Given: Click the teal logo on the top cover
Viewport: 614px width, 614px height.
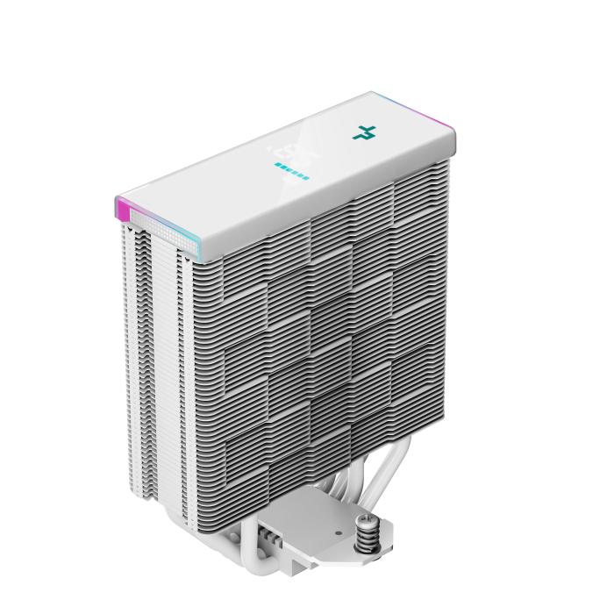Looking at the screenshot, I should coord(363,133).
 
